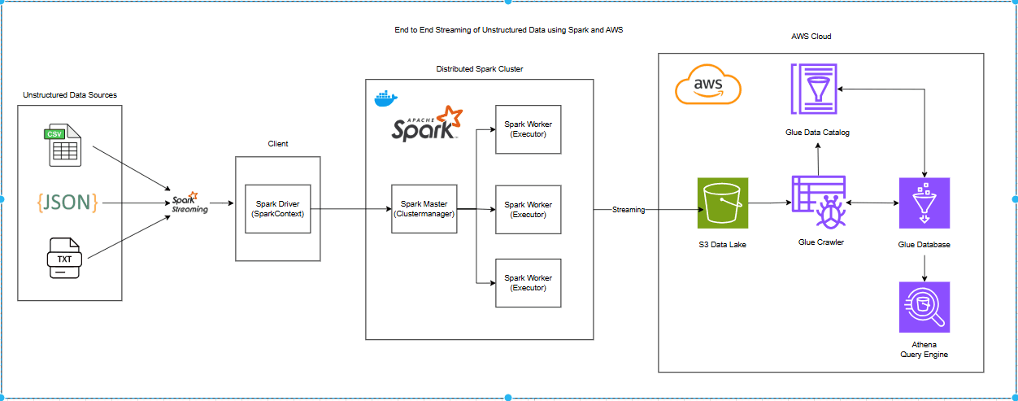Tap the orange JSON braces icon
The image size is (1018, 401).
(x=67, y=202)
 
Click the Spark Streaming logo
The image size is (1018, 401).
(x=189, y=204)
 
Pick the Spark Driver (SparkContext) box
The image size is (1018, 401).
(x=277, y=209)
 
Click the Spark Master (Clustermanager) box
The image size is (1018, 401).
(x=423, y=209)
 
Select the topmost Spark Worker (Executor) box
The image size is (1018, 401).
(x=528, y=129)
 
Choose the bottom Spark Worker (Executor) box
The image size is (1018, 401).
(x=528, y=282)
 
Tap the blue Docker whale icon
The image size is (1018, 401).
(x=385, y=98)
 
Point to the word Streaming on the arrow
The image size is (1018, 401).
(x=629, y=210)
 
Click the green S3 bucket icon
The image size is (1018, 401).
(x=722, y=203)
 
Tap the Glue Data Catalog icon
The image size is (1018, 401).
(x=813, y=89)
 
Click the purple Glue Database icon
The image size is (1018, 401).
(x=924, y=203)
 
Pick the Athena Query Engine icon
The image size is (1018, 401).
(x=924, y=307)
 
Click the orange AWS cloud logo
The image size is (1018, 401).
(x=708, y=85)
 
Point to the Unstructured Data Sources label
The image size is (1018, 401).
(x=70, y=95)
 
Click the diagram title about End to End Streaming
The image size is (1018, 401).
(x=508, y=30)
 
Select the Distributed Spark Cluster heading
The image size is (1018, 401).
(x=479, y=69)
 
